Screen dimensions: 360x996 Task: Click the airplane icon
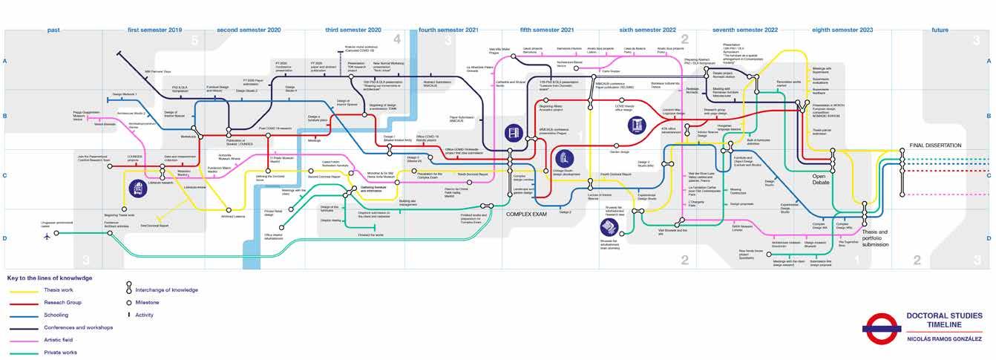pyautogui.click(x=47, y=236)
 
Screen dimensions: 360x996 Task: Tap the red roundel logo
pyautogui.click(x=880, y=324)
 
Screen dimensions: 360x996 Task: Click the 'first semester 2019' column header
pyautogui.click(x=154, y=30)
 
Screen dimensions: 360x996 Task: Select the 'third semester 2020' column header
pyautogui.click(x=353, y=30)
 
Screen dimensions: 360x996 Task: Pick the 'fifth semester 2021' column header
pyautogui.click(x=547, y=30)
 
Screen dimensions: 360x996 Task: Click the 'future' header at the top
pyautogui.click(x=940, y=30)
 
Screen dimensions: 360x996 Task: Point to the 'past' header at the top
pyautogui.click(x=53, y=30)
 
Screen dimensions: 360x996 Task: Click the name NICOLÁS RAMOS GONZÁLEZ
pyautogui.click(x=944, y=339)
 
